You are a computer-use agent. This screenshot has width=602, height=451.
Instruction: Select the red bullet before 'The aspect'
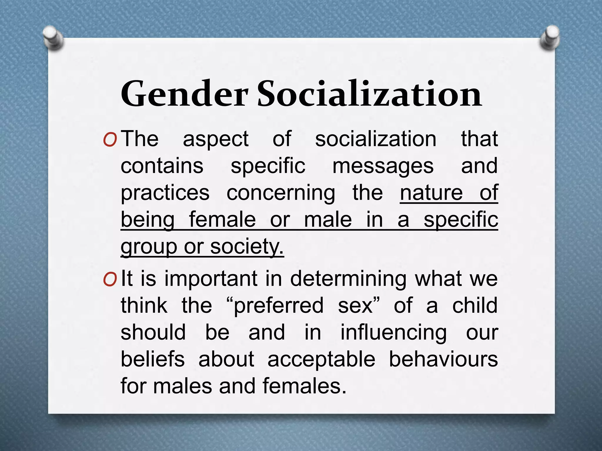110,140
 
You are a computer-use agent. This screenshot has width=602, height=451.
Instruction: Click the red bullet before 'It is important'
110,280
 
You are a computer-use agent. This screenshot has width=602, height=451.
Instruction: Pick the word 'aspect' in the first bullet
216,139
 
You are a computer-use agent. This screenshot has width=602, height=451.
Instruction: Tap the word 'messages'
383,166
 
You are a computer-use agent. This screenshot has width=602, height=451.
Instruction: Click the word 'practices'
165,193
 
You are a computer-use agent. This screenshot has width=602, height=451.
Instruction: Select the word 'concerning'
281,193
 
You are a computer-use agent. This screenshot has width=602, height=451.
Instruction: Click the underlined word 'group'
149,247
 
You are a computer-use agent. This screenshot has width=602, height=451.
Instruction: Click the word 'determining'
349,279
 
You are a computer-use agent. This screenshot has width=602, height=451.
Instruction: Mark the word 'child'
475,305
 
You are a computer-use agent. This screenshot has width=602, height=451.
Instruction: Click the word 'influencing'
394,333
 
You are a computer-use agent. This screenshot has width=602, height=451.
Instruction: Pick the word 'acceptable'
321,359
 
